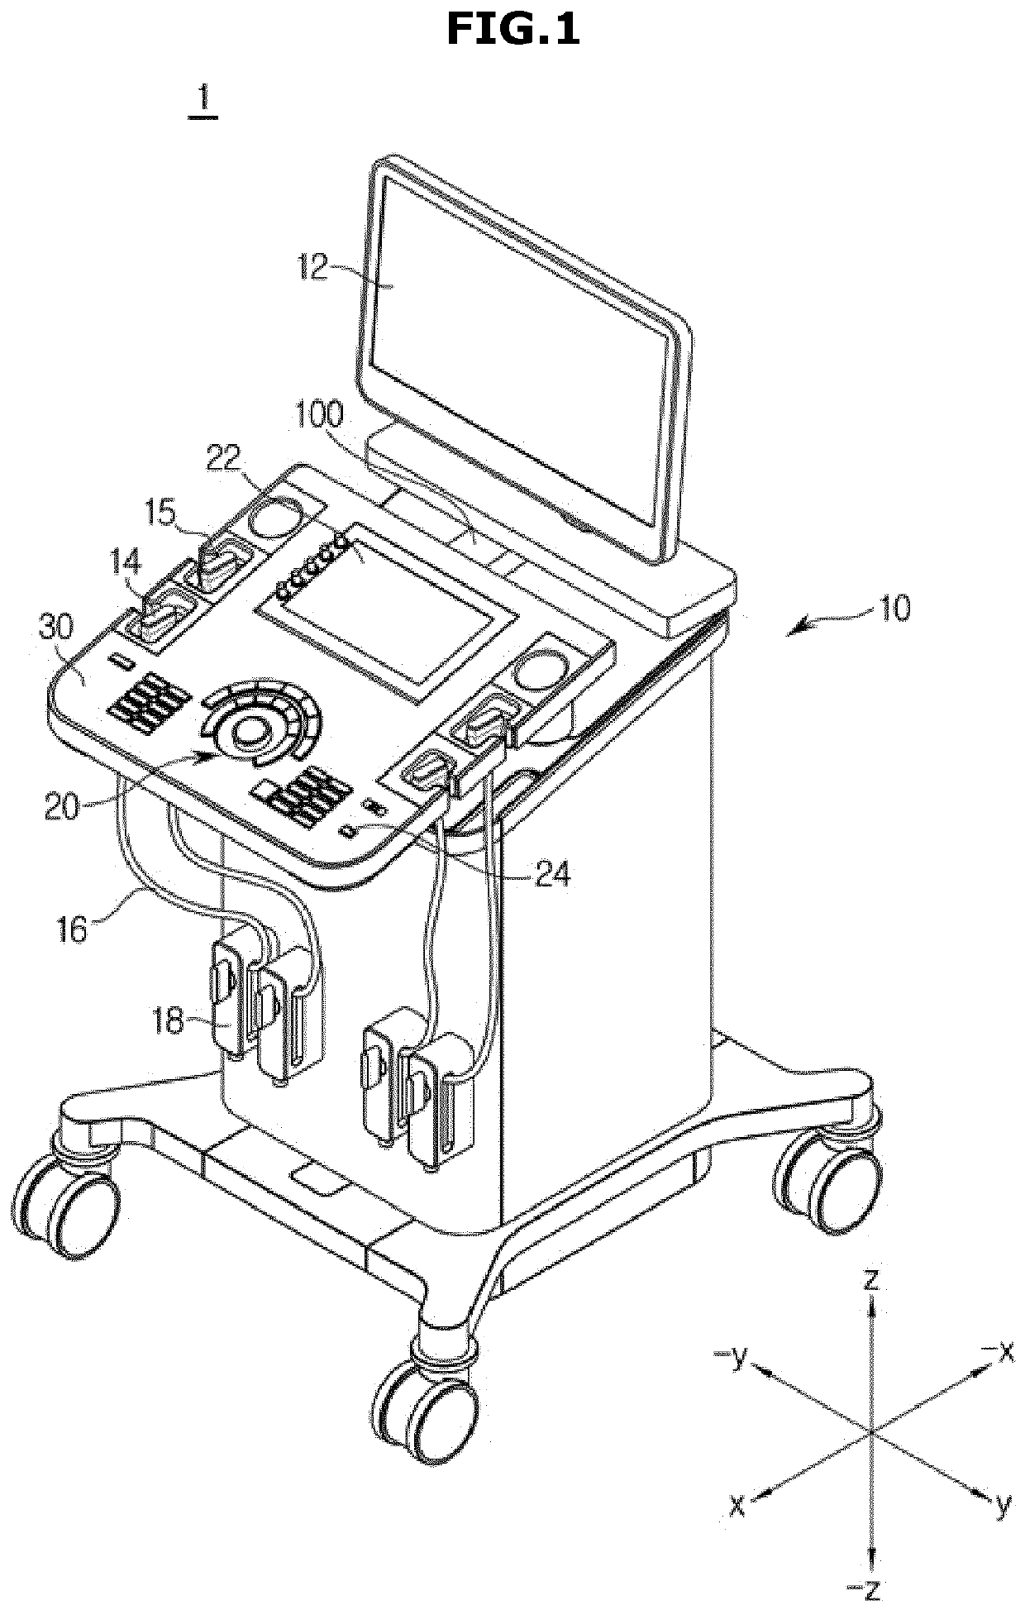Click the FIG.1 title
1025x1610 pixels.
click(x=512, y=30)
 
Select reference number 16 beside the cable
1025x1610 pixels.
click(x=72, y=929)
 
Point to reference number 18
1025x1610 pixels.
click(x=168, y=1021)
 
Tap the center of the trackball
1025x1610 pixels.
click(x=250, y=730)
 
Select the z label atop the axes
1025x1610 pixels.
click(x=870, y=1281)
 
